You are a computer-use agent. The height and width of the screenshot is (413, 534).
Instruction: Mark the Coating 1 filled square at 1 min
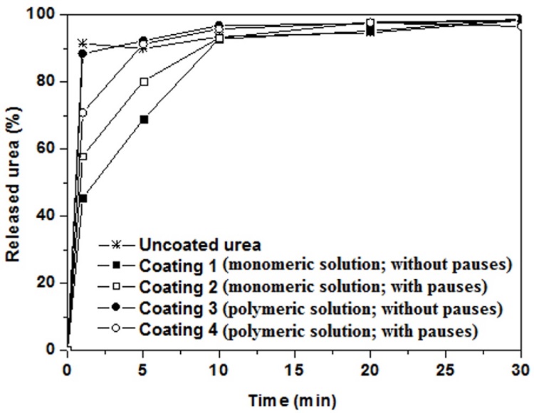tap(83, 198)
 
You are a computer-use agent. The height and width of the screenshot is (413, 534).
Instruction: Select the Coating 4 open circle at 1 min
tap(83, 113)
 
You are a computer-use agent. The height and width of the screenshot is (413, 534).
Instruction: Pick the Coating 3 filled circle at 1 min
tap(83, 53)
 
